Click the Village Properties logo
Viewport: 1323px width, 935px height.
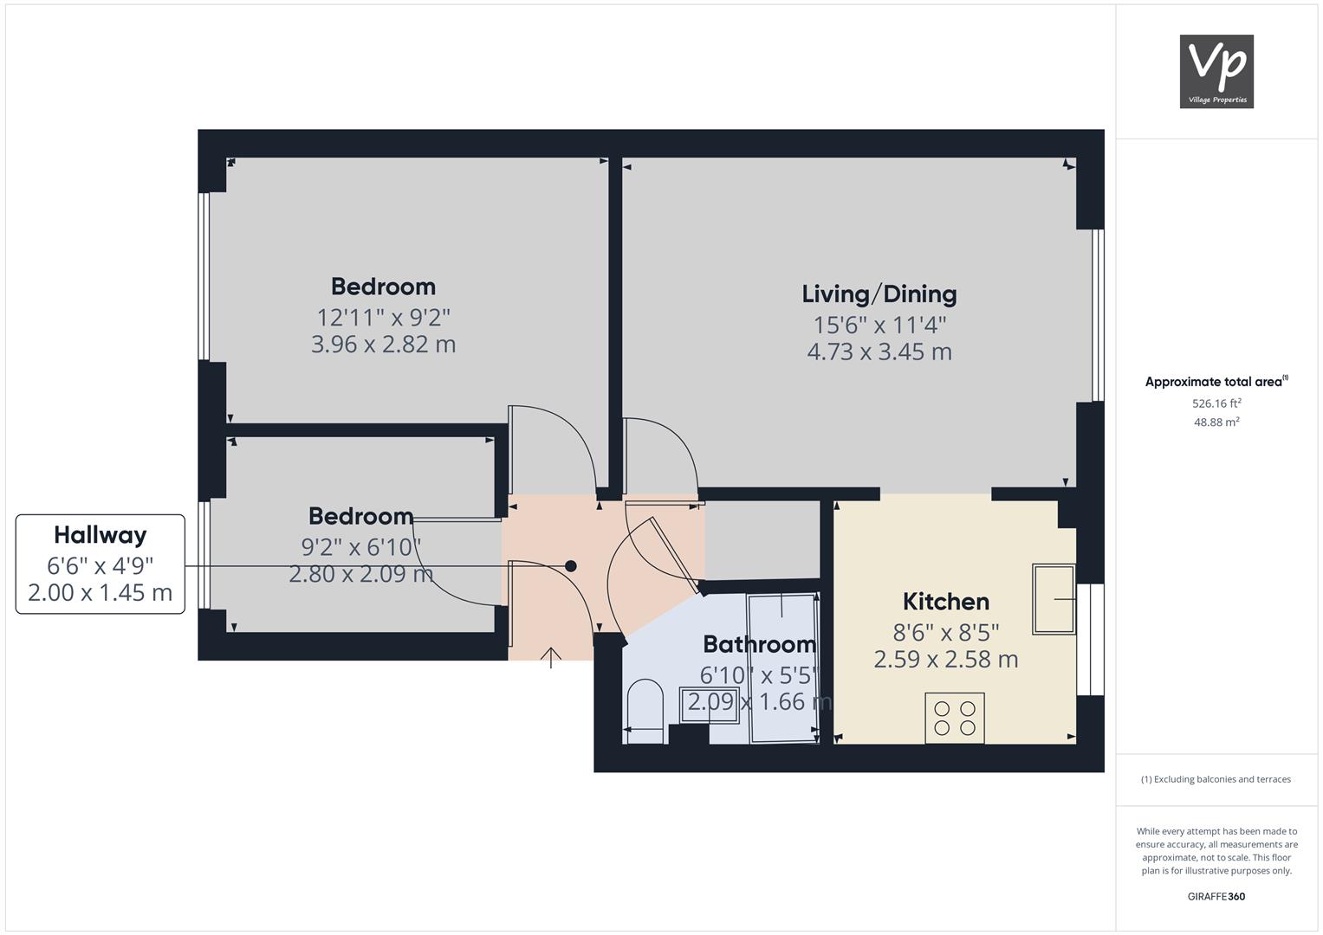point(1216,71)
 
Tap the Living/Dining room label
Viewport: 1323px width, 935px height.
point(879,294)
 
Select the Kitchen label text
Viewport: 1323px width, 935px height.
point(946,602)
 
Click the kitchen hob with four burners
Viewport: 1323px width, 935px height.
point(955,718)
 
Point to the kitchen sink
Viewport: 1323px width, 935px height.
point(1054,599)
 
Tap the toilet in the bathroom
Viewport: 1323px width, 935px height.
point(645,712)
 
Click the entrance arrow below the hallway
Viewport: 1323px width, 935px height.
point(550,658)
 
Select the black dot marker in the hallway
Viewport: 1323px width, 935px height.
point(571,566)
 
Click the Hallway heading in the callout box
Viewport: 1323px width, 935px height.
point(101,535)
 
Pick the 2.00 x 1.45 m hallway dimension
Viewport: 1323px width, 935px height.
point(101,592)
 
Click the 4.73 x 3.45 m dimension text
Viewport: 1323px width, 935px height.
point(879,351)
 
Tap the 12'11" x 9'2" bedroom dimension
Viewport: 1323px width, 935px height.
point(383,318)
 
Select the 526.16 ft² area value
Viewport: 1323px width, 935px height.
point(1216,403)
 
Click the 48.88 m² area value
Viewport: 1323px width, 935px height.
point(1216,422)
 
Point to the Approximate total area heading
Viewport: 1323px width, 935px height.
point(1216,381)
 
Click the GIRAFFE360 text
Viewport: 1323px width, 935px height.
point(1216,896)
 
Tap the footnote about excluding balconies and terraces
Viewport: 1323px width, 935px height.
point(1216,779)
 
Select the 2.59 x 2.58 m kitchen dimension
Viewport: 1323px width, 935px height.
point(946,660)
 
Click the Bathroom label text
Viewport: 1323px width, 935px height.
point(760,644)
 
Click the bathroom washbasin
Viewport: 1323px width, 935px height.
point(710,705)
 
